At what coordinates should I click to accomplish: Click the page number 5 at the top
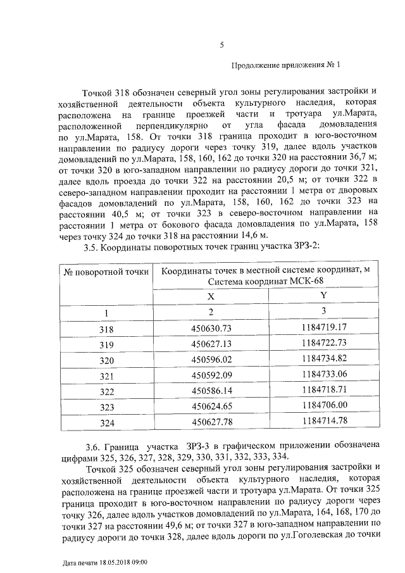[221, 44]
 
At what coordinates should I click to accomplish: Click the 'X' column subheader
[212, 296]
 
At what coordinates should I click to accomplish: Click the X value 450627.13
[212, 344]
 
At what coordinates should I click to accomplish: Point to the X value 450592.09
[212, 375]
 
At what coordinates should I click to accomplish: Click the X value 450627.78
[212, 422]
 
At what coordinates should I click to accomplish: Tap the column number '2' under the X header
[212, 312]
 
